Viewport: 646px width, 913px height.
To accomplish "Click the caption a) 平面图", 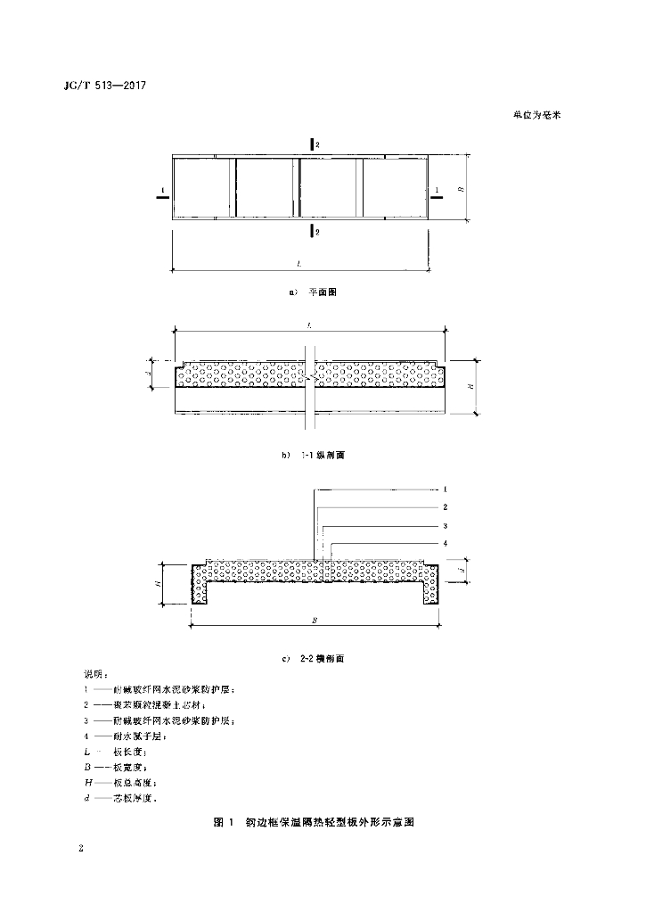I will click(312, 292).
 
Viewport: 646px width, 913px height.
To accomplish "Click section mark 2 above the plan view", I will click(312, 144).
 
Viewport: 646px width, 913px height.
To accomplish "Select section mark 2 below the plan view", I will click(312, 232).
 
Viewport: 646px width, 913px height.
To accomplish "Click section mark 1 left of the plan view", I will click(160, 192).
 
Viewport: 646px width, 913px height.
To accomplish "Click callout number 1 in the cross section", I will click(445, 489).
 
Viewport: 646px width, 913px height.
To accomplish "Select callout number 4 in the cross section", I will click(445, 543).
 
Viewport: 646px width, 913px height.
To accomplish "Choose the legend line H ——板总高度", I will click(124, 781).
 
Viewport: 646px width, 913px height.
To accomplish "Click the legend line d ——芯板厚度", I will click(124, 796).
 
